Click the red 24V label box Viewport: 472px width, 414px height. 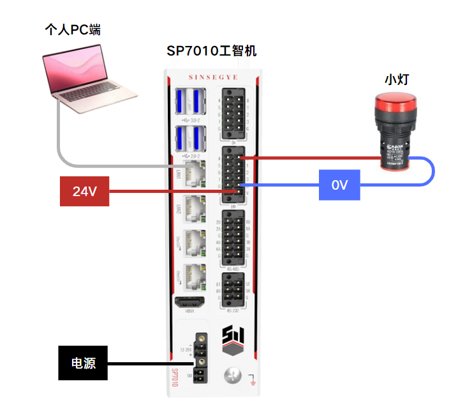[x=84, y=191]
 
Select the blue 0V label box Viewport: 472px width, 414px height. [x=339, y=185]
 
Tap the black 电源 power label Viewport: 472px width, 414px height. [x=83, y=364]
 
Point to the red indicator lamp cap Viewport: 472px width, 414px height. [x=394, y=104]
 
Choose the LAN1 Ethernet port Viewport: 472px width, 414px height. [x=194, y=172]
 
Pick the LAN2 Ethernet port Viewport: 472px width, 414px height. [x=194, y=208]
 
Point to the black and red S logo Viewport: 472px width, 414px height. [x=232, y=341]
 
